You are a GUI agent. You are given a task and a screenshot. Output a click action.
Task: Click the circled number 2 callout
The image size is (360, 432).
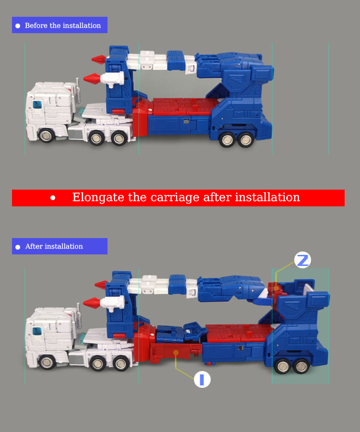coord(302,260)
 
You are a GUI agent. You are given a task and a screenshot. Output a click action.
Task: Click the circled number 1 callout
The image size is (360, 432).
coord(202,379)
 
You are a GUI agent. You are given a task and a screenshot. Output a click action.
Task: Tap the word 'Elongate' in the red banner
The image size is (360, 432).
coord(98,198)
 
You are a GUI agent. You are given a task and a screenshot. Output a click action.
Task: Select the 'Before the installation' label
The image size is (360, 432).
coord(60,25)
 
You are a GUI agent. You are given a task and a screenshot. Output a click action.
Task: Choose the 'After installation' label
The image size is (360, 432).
coord(60,246)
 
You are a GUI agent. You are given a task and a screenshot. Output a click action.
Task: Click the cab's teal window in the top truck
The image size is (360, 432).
coord(37,105)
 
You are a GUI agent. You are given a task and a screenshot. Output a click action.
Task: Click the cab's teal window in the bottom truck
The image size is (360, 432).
coord(37,331)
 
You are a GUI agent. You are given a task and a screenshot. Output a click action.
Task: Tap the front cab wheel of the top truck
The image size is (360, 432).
coord(46,135)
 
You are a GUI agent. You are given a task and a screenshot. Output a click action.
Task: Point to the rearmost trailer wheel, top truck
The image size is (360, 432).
coord(246,140)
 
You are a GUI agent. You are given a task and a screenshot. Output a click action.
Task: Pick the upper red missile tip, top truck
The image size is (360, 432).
coord(98,59)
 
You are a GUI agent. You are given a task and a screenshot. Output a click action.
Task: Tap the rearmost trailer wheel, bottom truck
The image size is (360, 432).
coord(301,366)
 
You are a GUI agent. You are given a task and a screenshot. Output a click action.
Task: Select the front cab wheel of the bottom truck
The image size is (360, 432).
coord(47,362)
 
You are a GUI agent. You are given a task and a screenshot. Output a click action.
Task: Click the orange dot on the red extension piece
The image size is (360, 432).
coord(176,353)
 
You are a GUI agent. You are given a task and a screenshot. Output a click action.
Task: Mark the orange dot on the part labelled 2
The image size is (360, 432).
coord(276,288)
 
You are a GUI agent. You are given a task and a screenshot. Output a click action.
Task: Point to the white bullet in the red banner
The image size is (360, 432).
coord(53,198)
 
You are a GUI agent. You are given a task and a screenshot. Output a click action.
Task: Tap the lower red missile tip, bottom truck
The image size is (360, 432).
coord(92,303)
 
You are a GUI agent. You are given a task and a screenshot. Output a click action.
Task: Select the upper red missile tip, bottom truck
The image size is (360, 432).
coord(101,285)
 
